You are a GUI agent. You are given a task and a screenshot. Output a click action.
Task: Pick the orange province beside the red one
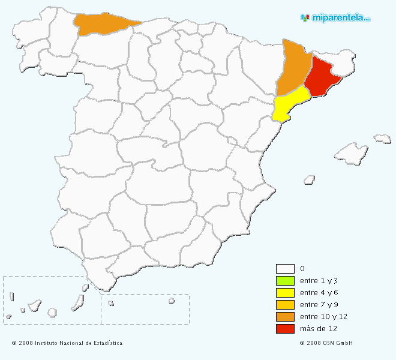(x=294, y=67)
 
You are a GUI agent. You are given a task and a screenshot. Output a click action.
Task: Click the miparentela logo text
(x=341, y=17)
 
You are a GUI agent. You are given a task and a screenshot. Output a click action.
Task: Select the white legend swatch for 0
(x=285, y=269)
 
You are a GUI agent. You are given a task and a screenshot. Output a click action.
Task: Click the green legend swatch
(x=285, y=281)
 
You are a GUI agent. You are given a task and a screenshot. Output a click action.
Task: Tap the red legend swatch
(x=285, y=329)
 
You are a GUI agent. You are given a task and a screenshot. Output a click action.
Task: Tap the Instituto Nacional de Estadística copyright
(x=67, y=343)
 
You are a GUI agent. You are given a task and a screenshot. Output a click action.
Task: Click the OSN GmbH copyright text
(x=326, y=343)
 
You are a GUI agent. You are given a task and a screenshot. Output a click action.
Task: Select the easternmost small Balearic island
(x=382, y=139)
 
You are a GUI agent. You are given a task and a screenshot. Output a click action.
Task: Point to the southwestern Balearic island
(x=310, y=179)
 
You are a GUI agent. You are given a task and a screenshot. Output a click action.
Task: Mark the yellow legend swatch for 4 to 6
(x=285, y=293)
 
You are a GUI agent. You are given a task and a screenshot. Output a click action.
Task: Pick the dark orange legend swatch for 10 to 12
(x=285, y=317)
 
